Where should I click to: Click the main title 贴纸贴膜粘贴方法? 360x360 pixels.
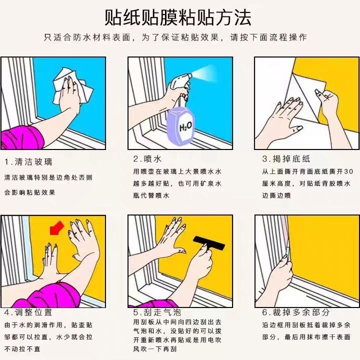pyautogui.click(x=178, y=18)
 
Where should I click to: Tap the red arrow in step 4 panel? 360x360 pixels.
pyautogui.click(x=56, y=228)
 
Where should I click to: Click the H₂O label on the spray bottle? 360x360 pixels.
pyautogui.click(x=185, y=126)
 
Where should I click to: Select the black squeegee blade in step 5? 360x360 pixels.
pyautogui.click(x=209, y=243)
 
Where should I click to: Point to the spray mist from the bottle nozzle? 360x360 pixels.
pyautogui.click(x=204, y=74)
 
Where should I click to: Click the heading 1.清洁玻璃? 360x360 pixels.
pyautogui.click(x=28, y=162)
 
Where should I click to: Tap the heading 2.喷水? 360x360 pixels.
pyautogui.click(x=147, y=159)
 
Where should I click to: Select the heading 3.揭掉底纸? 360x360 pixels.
pyautogui.click(x=286, y=159)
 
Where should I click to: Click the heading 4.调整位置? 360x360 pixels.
pyautogui.click(x=28, y=312)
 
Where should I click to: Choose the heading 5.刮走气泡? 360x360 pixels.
pyautogui.click(x=157, y=312)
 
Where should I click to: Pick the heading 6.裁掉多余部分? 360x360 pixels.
pyautogui.click(x=296, y=312)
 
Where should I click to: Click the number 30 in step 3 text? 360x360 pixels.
pyautogui.click(x=348, y=171)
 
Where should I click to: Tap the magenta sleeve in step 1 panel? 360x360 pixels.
pyautogui.click(x=22, y=138)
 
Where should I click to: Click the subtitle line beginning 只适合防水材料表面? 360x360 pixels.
pyautogui.click(x=175, y=37)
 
